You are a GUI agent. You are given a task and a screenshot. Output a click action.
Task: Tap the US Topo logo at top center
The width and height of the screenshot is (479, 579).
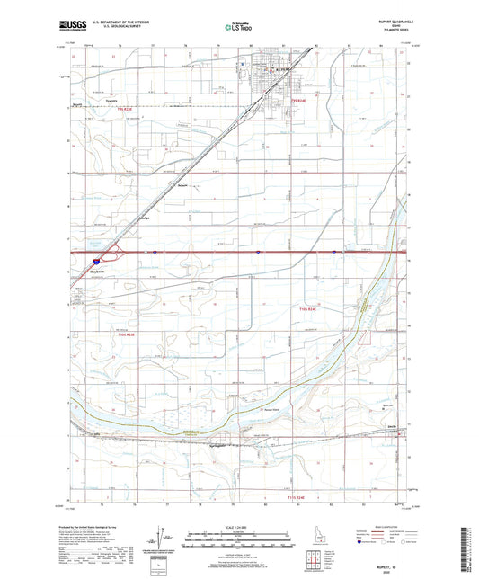[236, 28]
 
